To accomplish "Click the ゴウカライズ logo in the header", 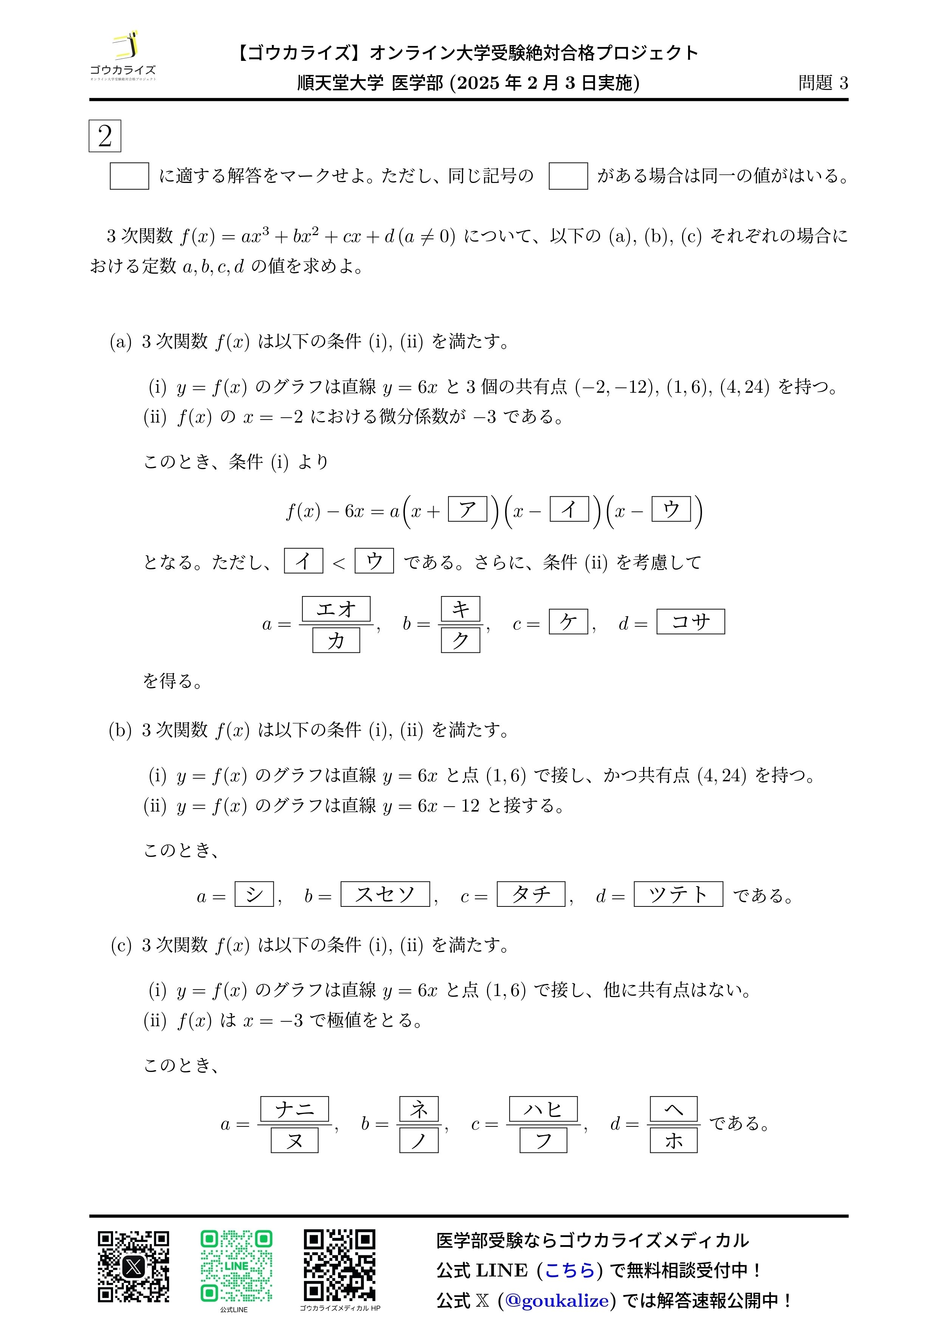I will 123,56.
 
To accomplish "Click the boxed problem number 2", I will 105,136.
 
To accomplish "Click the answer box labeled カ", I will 336,640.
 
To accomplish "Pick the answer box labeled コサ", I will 690,621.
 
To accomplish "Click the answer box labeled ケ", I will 568,621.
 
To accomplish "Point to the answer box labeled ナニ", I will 295,1109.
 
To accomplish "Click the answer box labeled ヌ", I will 295,1141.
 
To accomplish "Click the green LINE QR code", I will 236,1266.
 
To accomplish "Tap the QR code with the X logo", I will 133,1266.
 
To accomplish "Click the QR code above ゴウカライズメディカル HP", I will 340,1266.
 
